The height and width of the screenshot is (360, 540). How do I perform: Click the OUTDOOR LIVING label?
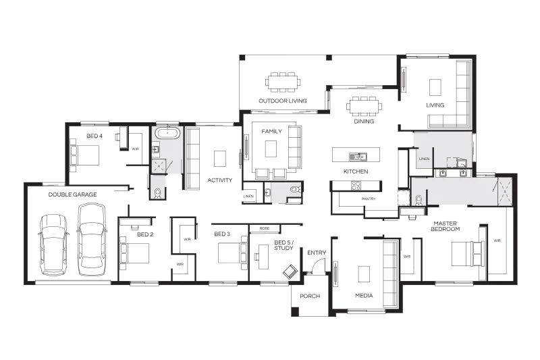[x=282, y=101]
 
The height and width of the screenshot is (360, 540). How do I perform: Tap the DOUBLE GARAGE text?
[x=72, y=195]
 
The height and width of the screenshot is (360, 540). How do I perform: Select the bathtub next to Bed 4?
[x=167, y=133]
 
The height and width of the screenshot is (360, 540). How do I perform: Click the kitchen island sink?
[x=358, y=157]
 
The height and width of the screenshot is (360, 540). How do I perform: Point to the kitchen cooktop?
[x=356, y=186]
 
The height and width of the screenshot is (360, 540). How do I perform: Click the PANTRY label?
[x=369, y=199]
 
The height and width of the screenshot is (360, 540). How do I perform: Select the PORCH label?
[x=310, y=296]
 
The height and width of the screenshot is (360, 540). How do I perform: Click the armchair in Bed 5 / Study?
[x=290, y=272]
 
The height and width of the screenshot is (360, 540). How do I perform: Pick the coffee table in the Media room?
[x=364, y=274]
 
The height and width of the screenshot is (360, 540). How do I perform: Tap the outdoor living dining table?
[x=282, y=82]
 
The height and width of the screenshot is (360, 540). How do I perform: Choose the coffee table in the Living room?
[x=435, y=88]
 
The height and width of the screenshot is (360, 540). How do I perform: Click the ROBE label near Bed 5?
[x=265, y=228]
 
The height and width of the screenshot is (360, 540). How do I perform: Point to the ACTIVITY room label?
[x=220, y=180]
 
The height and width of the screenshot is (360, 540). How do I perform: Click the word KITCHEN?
[x=356, y=171]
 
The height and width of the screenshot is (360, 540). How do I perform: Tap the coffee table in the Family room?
[x=271, y=149]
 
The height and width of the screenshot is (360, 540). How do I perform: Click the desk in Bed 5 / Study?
[x=264, y=257]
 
